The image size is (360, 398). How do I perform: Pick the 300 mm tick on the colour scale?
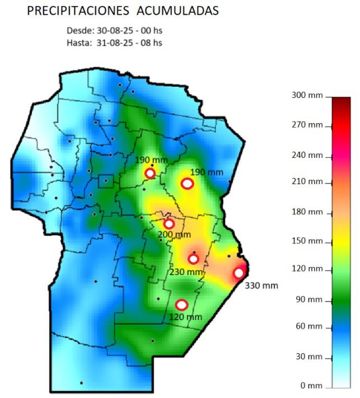tap(307, 95)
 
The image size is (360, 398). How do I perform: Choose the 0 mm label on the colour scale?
tap(312, 385)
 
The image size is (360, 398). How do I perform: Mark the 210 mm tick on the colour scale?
tap(307, 181)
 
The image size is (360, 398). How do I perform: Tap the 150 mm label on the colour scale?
tap(307, 241)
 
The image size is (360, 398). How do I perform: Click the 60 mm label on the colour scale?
tap(309, 326)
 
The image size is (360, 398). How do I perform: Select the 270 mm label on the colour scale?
tap(307, 124)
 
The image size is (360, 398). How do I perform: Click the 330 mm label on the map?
tap(261, 285)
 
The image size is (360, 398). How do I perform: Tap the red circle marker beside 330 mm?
tap(239, 273)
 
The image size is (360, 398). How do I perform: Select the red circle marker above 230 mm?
tap(194, 259)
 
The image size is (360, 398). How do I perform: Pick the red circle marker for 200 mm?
tap(169, 224)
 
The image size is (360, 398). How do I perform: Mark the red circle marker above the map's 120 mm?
tap(181, 305)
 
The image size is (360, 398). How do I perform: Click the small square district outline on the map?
tap(105, 181)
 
